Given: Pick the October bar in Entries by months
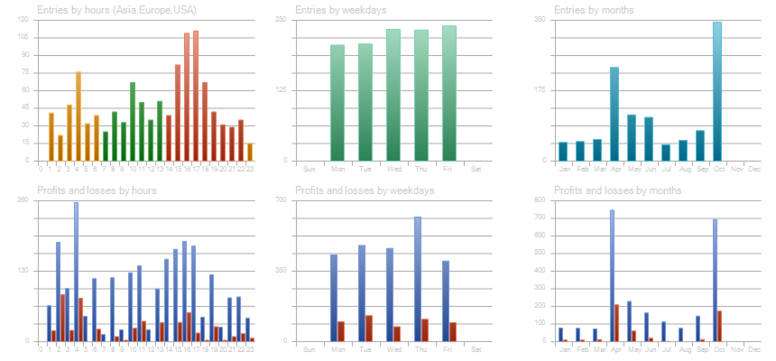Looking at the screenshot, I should point(717,91).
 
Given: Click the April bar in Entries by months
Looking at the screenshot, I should point(614,114).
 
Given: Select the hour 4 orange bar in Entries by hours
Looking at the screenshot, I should point(79,116).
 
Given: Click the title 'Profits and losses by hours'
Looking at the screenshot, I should point(97,190).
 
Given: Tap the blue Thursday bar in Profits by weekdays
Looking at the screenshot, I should point(418,279).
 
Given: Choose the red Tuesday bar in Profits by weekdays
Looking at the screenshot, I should point(369,329).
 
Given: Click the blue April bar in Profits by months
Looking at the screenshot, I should point(612,275).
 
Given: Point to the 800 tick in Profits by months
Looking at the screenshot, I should point(540,200).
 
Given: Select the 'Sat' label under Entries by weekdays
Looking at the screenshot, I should point(476,169).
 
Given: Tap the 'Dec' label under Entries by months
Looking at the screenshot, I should point(754,169).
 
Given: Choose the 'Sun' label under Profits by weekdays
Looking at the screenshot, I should point(309,349).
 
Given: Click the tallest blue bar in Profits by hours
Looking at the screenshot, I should point(76,272).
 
